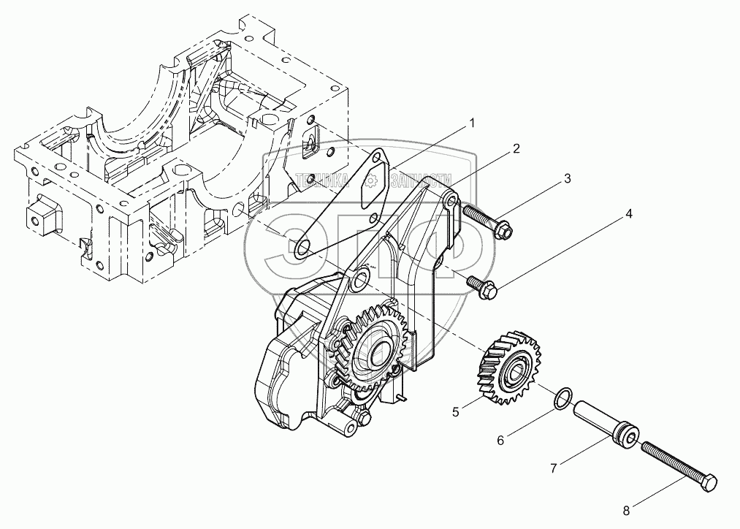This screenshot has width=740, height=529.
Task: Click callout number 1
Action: tap(472, 123)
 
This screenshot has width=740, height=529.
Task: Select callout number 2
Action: tap(516, 149)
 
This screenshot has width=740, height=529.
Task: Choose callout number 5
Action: tap(455, 412)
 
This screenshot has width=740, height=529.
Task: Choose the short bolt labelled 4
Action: tap(483, 286)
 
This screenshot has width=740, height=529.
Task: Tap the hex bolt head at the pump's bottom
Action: tap(362, 419)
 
